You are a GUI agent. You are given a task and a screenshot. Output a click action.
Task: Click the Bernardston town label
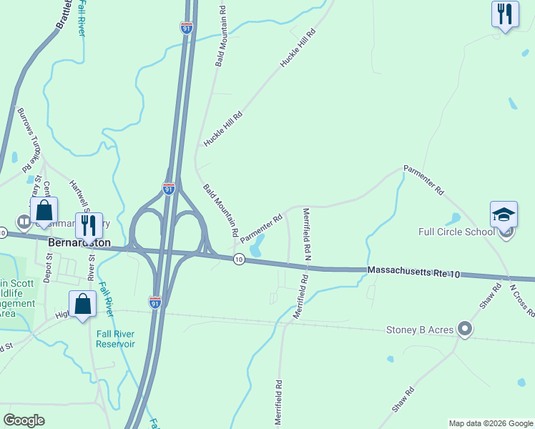coord(79,242)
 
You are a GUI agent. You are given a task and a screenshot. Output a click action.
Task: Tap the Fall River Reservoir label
coord(116,337)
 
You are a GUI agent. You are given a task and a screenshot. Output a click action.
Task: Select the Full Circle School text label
coord(456,232)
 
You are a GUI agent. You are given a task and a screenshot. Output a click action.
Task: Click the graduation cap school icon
coord(504,214)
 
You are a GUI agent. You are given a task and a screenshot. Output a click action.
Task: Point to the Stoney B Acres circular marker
coord(465,329)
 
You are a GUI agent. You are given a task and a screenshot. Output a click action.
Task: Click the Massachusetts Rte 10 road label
coord(413,271)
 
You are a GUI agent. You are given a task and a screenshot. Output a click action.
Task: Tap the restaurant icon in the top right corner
coord(505,14)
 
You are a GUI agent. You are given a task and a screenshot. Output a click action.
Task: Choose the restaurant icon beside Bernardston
coord(89,225)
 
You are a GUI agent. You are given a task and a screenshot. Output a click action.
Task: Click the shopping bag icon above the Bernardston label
coord(44,210)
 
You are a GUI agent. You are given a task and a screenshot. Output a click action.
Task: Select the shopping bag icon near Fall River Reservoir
coord(83,303)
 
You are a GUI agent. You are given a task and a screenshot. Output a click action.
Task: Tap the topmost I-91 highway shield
coord(186,28)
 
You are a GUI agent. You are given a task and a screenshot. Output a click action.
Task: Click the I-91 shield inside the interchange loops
coord(168,189)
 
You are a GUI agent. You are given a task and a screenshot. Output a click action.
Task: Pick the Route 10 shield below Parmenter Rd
coord(238,259)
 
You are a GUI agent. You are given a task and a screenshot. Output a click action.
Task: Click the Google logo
coord(24,420)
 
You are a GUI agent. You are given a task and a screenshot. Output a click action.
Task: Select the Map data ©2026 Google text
coord(490,423)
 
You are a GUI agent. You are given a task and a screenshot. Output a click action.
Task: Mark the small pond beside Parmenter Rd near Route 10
coord(256,244)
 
